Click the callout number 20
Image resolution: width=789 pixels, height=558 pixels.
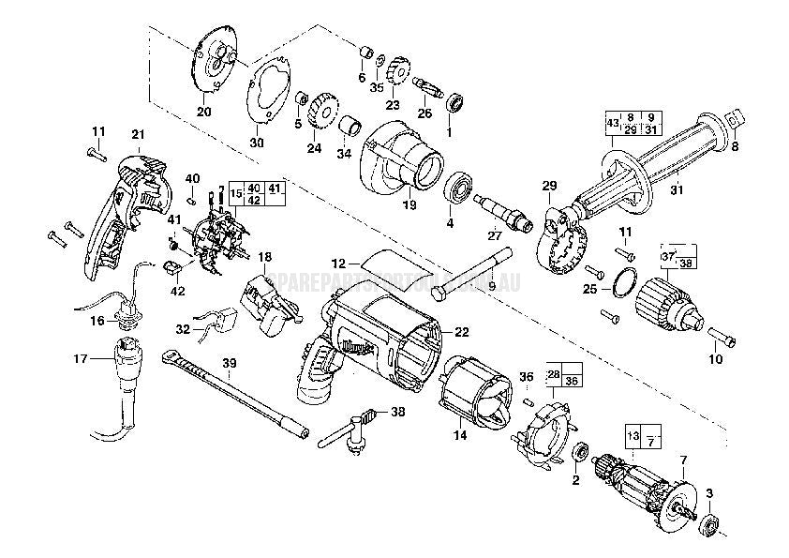point(204,113)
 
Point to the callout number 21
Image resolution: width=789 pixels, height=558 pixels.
point(139,134)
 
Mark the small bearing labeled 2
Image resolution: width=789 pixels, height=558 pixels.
point(578,452)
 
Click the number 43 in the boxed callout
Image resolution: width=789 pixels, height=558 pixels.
point(613,123)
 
